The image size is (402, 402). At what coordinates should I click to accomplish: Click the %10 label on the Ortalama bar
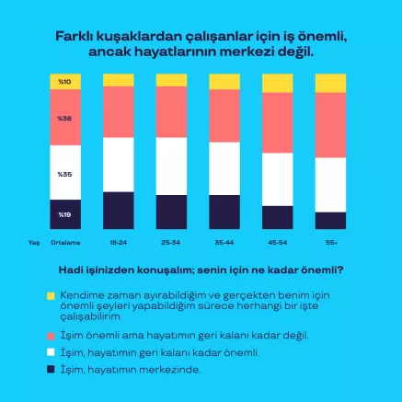(64, 83)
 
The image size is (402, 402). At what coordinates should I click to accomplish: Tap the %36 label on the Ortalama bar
(64, 119)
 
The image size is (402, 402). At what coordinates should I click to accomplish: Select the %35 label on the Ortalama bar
(64, 174)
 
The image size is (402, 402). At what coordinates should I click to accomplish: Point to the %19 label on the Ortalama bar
(64, 214)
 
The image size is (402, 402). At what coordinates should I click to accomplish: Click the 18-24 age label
(118, 243)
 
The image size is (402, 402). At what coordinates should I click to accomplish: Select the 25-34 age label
(171, 243)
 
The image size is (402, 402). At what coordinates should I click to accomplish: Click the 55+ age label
(330, 243)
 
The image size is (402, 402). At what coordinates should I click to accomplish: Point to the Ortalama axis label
(65, 243)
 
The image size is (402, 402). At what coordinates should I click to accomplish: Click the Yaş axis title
(33, 243)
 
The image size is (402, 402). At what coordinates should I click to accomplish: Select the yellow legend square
(51, 295)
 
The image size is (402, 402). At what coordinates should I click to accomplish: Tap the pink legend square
(51, 335)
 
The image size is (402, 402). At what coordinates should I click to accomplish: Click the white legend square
(51, 351)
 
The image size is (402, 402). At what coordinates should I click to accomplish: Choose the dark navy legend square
(51, 369)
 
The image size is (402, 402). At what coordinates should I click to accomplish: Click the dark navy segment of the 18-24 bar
(118, 210)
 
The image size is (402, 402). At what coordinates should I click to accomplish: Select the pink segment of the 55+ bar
(330, 125)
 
